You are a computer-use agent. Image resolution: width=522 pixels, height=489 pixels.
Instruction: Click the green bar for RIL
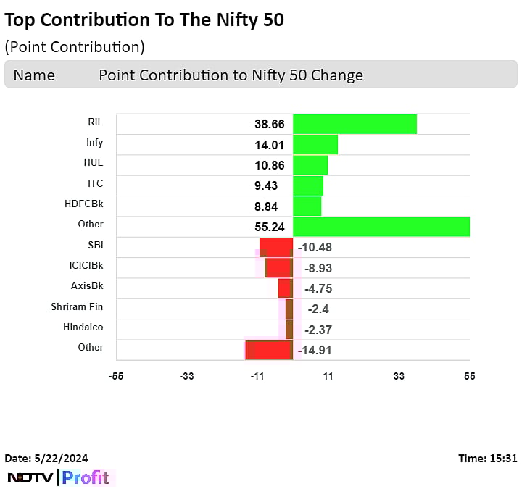coord(355,124)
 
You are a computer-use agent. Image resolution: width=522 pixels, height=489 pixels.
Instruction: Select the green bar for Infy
coord(315,145)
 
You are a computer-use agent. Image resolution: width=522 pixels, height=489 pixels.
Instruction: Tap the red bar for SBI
coord(276,247)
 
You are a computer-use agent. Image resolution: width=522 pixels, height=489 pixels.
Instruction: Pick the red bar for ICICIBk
coord(278,267)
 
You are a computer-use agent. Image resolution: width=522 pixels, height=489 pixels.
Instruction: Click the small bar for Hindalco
coord(289,330)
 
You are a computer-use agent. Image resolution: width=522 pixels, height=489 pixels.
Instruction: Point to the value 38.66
coord(269,124)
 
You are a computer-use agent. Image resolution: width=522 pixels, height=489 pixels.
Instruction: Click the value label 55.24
coord(269,225)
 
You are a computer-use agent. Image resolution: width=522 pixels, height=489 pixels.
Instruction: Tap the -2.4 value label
coord(318,309)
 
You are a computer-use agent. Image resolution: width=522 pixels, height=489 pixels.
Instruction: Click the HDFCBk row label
coord(84,204)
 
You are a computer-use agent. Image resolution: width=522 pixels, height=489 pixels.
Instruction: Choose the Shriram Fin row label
coord(77,307)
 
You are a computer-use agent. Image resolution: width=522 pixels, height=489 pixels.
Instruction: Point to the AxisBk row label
coord(87,285)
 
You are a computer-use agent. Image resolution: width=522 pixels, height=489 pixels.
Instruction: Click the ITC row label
coord(95,183)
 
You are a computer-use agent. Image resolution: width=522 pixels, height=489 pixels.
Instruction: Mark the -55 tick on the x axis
coord(115,376)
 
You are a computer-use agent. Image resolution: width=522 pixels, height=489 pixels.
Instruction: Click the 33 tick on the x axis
coord(399,376)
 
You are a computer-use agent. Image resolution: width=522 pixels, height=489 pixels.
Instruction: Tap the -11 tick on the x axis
coord(257,376)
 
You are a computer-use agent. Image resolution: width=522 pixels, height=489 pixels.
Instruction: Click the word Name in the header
coord(33,75)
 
